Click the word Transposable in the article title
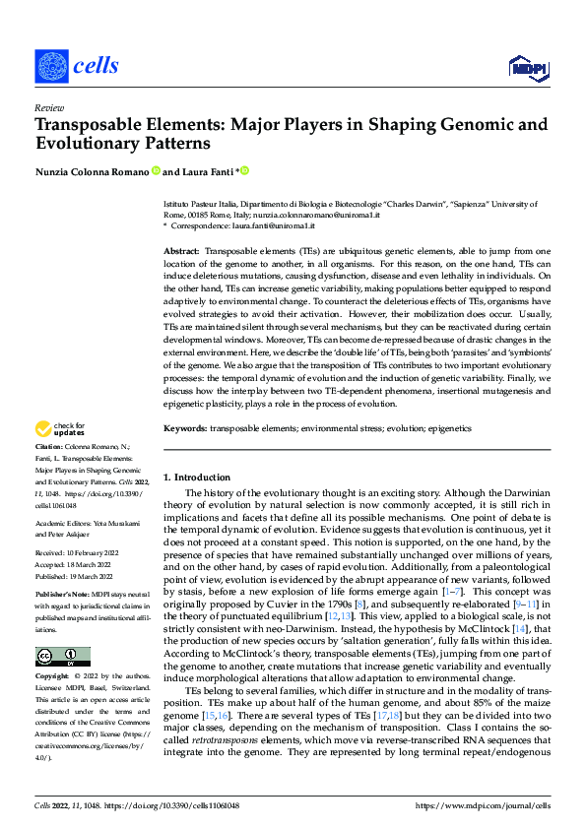[86, 125]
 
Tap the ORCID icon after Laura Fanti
[244, 171]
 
